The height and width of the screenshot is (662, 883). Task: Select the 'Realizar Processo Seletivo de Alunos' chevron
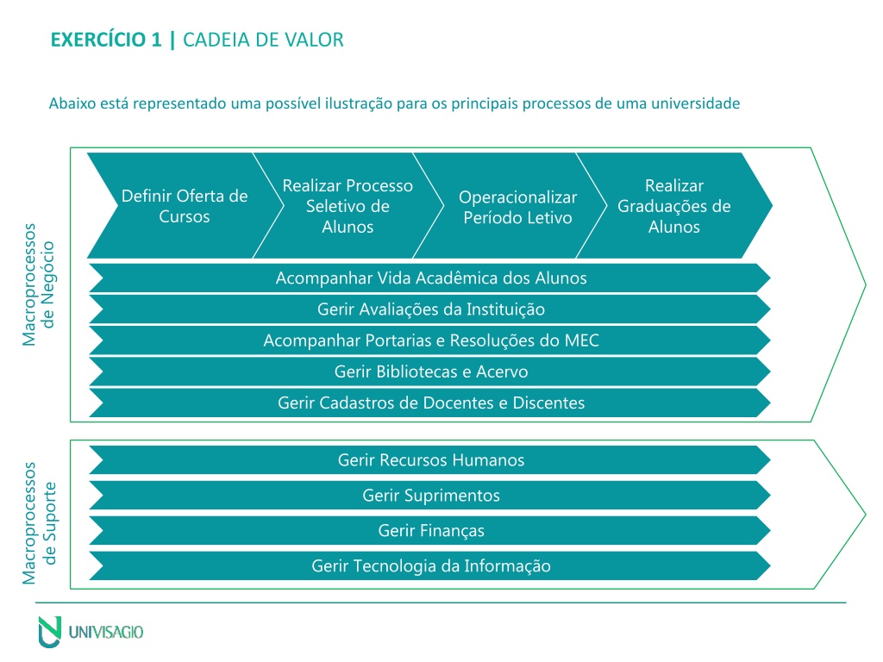point(348,205)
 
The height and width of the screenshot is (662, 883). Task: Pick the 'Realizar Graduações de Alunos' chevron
point(674,205)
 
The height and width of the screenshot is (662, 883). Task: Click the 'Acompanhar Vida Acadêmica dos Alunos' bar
point(430,278)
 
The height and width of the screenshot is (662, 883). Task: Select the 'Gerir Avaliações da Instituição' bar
point(430,309)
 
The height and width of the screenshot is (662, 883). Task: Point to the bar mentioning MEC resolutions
point(430,340)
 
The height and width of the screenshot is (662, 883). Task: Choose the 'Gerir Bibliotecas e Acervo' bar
point(430,372)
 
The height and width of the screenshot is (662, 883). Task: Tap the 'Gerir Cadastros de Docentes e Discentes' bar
point(430,403)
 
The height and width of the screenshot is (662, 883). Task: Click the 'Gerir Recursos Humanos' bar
point(430,460)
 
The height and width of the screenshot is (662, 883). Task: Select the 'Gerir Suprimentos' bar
point(430,496)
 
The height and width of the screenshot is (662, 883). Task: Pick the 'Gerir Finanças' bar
point(430,530)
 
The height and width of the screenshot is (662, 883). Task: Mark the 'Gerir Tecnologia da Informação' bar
point(430,565)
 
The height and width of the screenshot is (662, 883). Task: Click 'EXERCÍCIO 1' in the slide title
point(106,40)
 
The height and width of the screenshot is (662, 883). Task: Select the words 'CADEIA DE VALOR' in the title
point(263,40)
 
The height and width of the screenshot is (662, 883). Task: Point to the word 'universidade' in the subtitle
point(696,103)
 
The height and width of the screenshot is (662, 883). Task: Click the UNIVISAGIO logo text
point(106,632)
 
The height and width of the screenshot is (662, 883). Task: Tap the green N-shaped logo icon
point(49,632)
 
